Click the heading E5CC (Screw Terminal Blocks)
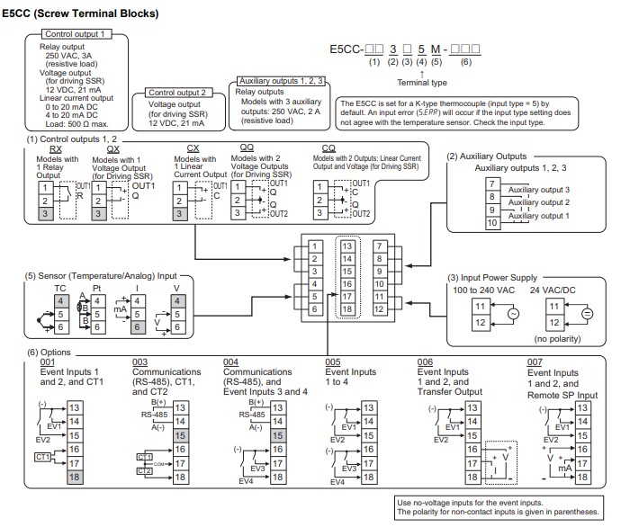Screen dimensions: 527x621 (x=81, y=13)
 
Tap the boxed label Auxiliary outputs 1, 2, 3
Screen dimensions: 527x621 (x=283, y=81)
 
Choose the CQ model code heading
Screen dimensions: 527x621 (x=330, y=149)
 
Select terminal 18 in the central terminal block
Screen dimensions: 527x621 (x=347, y=308)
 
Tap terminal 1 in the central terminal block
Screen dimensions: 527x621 (x=314, y=246)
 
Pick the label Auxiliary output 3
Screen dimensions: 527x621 (x=539, y=190)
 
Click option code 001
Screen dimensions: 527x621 (x=46, y=362)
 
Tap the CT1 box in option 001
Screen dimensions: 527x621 (x=40, y=457)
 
